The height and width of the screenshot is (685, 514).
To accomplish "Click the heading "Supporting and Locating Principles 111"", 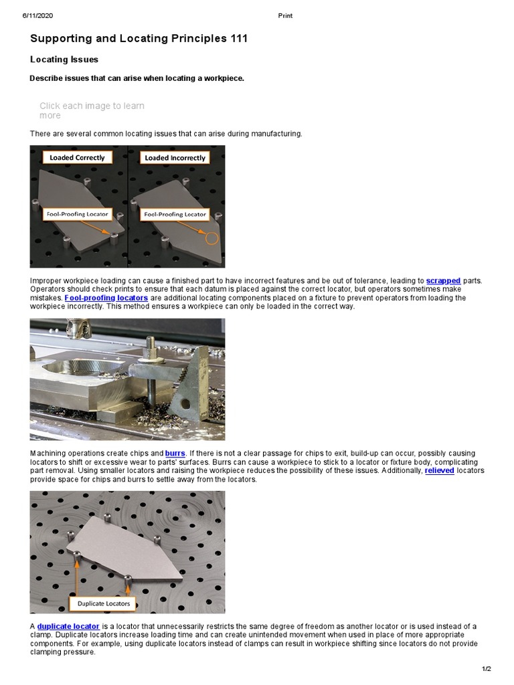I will pos(139,39).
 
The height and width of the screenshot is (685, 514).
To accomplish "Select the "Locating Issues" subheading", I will pos(64,60).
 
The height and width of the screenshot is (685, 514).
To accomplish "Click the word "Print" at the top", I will pos(284,15).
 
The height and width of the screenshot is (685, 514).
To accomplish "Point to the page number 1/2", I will pos(486,669).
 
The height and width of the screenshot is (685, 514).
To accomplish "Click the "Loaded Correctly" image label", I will pos(78,158).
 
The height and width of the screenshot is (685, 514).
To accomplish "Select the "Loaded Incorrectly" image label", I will pos(175,158).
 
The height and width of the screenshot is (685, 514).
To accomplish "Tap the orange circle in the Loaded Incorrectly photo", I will pos(213,238).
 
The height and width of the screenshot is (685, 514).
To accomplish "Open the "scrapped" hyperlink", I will pos(443,281).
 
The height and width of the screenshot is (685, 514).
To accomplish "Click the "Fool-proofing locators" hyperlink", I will pos(106,298).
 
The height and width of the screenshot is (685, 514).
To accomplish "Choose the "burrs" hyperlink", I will pos(175,454).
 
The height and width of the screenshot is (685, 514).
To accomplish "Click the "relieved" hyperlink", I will pos(440,471).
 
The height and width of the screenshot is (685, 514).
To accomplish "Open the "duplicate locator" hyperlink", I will pos(68,627).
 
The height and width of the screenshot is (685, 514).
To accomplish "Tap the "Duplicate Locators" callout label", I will pos(103,604).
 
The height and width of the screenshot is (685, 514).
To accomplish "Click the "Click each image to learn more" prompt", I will pos(92,110).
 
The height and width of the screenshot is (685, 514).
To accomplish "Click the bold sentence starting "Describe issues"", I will pos(137,78).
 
